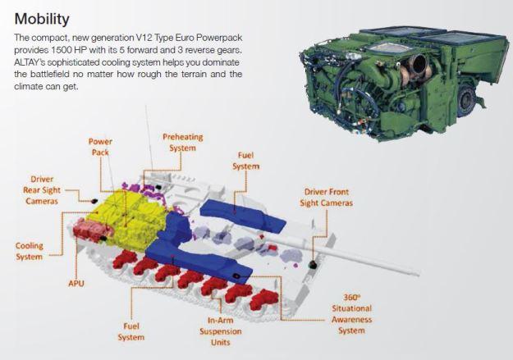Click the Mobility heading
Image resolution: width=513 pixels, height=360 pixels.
click(42, 20)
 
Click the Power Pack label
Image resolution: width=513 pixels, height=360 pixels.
click(100, 147)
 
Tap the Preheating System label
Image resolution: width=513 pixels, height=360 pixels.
click(183, 142)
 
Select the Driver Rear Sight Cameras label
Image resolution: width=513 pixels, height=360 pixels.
click(42, 190)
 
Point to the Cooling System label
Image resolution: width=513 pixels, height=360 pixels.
click(29, 251)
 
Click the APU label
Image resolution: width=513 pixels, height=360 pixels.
click(76, 283)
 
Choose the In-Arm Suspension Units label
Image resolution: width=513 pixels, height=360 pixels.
click(221, 331)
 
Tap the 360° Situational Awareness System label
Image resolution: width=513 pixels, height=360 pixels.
click(351, 314)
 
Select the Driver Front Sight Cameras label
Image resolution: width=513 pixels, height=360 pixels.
click(326, 197)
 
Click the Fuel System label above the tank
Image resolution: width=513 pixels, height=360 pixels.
click(245, 161)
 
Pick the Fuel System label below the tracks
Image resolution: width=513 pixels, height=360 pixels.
click(131, 331)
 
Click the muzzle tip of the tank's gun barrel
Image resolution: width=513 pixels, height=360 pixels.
click(418, 272)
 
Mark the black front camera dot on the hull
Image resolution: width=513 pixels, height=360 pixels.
click(313, 264)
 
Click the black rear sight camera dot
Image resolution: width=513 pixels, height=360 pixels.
click(95, 200)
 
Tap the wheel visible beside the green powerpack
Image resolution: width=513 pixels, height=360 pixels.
click(466, 100)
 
